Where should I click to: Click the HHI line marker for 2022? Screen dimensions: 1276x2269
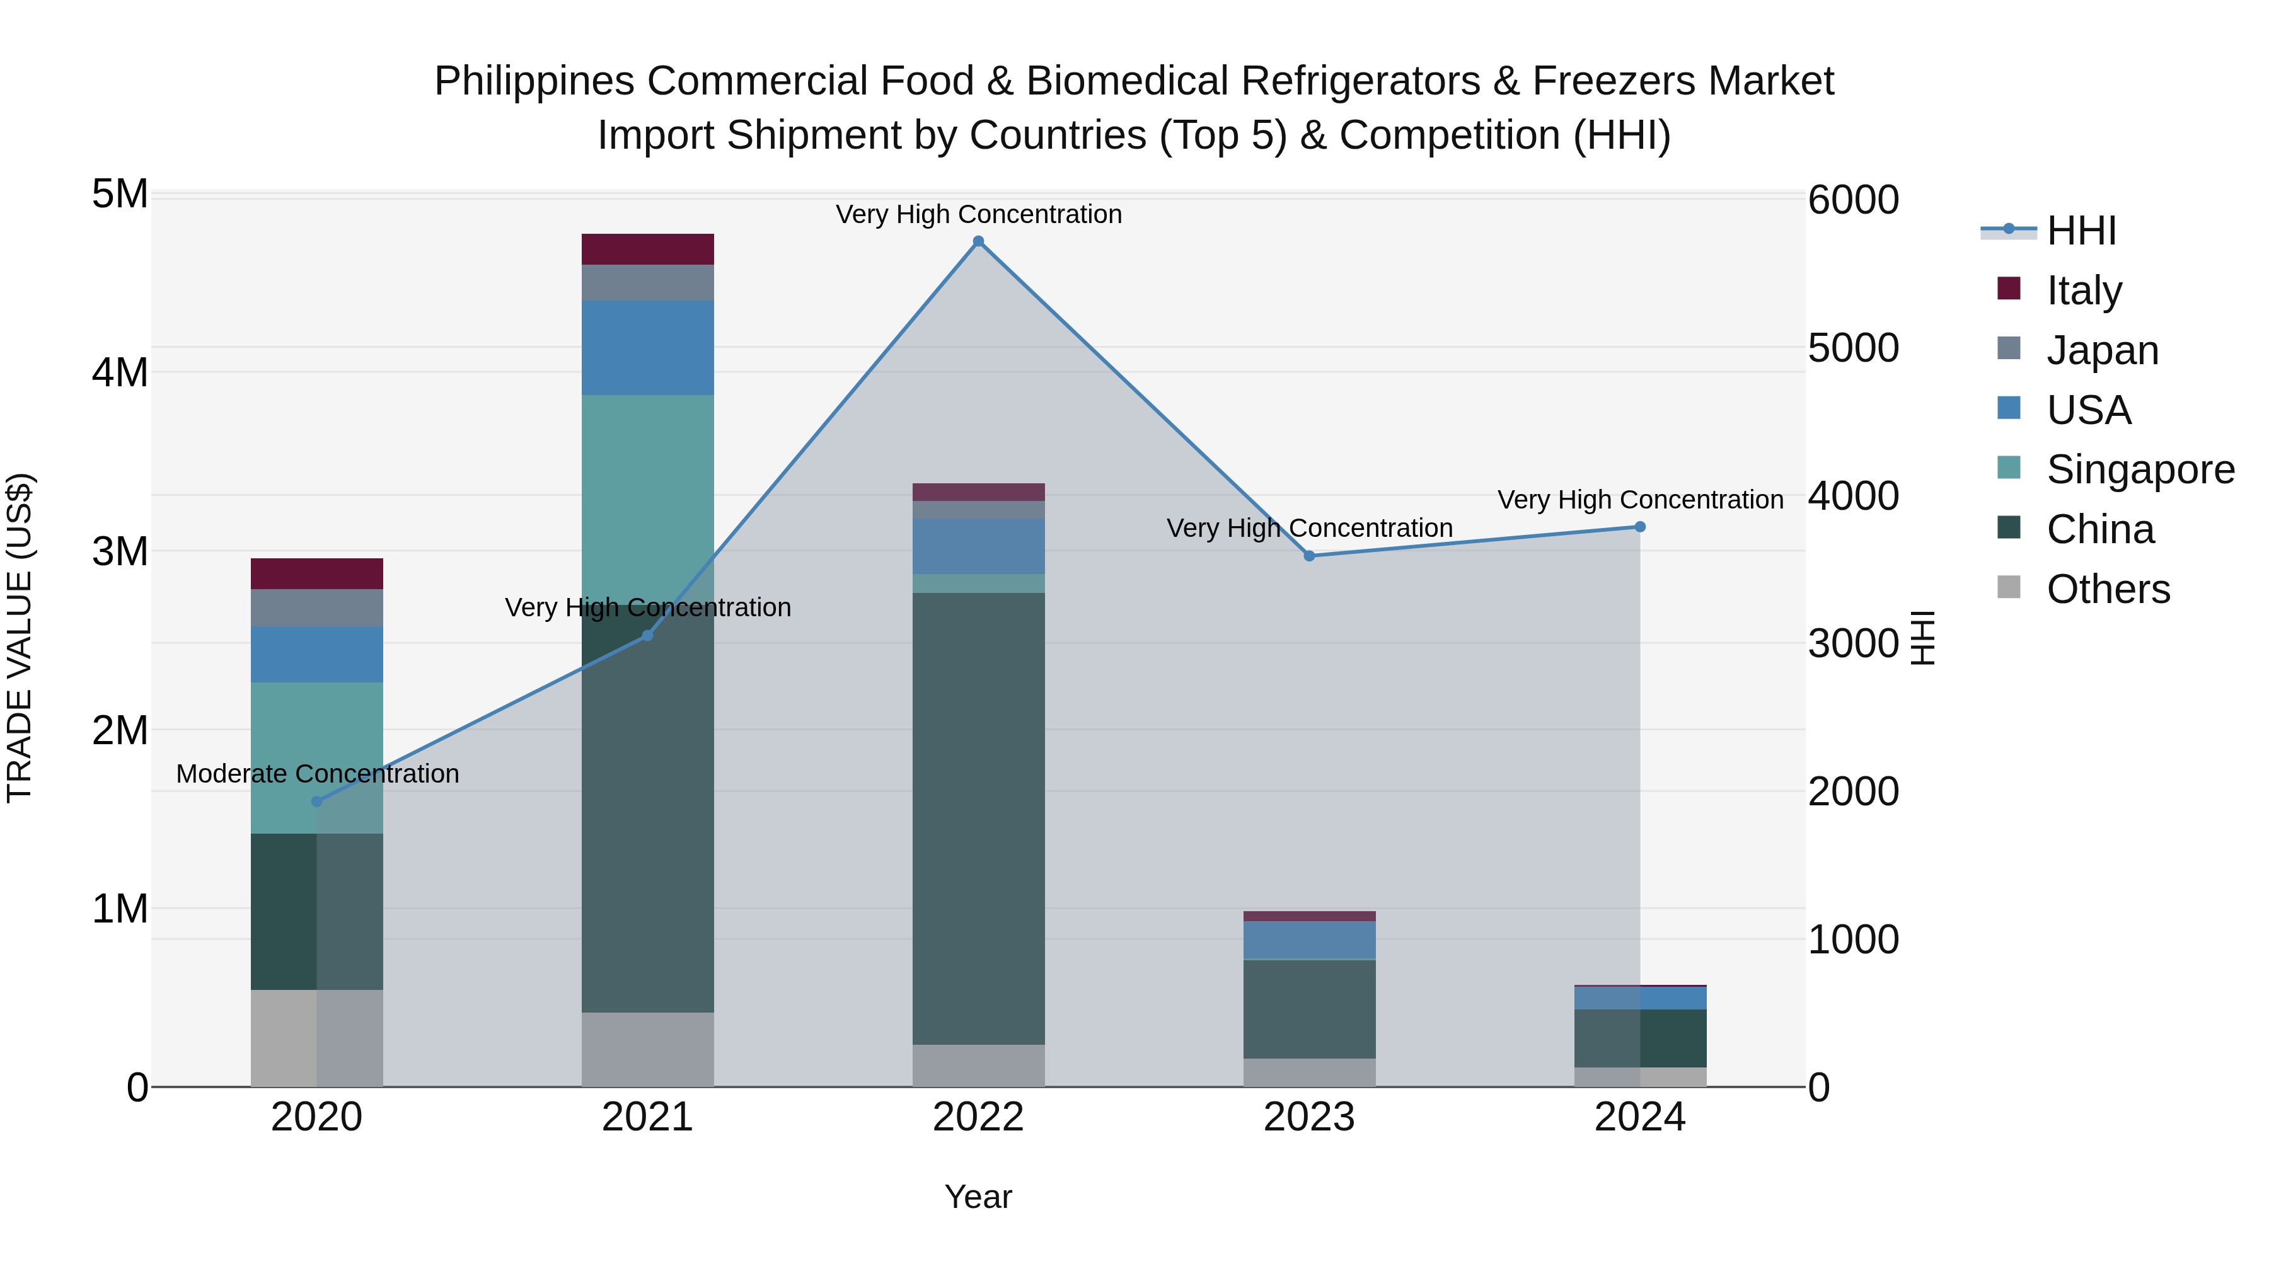[978, 241]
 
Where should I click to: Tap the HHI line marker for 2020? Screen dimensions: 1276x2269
[317, 802]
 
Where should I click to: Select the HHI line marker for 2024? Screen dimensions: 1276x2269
[1640, 527]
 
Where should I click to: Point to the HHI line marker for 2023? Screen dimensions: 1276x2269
[1309, 556]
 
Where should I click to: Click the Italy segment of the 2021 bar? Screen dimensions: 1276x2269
[647, 249]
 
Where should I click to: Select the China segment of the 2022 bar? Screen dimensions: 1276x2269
[978, 819]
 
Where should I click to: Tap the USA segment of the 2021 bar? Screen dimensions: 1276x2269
[647, 347]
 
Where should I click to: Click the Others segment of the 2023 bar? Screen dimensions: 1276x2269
[1309, 1072]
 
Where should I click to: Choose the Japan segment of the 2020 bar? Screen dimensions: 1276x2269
[317, 607]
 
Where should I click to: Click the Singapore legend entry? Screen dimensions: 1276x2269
[2140, 469]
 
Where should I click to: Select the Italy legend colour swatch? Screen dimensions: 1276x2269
[2009, 289]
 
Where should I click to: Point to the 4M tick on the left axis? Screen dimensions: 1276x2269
[120, 372]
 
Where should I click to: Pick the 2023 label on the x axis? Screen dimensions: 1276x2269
[1309, 1117]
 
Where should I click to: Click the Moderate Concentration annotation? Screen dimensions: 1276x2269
[317, 774]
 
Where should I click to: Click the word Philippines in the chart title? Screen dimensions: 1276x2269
[534, 82]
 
